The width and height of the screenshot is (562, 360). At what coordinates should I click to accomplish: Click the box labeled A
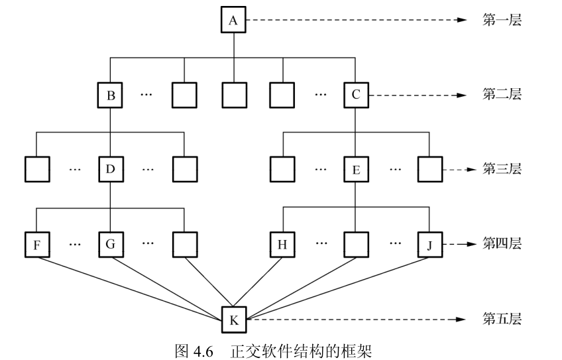(x=233, y=21)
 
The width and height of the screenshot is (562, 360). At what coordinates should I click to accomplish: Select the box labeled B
(x=111, y=95)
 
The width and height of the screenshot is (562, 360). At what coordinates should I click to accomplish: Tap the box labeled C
(x=356, y=95)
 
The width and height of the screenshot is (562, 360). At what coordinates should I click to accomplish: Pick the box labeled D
(x=111, y=170)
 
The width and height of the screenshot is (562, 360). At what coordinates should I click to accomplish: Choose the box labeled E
(x=356, y=170)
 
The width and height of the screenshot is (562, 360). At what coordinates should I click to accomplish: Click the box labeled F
(x=37, y=244)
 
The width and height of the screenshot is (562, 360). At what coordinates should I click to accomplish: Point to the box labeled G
(x=111, y=244)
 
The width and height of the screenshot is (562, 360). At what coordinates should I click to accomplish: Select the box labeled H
(x=283, y=244)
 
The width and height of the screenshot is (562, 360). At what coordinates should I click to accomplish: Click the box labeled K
(x=233, y=319)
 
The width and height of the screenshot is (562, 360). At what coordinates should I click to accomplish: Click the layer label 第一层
(x=502, y=21)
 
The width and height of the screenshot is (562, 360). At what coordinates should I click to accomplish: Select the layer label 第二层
(x=502, y=95)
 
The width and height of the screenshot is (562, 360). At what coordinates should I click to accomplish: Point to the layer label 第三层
(x=502, y=169)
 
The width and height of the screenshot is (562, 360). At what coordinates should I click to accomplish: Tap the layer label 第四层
(x=502, y=244)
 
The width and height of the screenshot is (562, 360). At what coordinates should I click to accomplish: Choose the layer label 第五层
(x=502, y=319)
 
